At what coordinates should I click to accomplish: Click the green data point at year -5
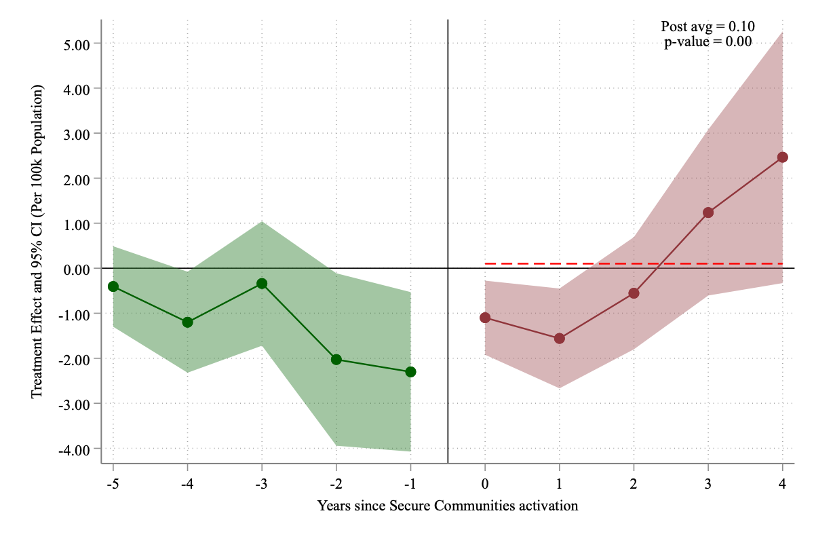pos(113,286)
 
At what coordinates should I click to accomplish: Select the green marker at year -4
pos(187,322)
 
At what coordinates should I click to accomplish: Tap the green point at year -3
pos(262,283)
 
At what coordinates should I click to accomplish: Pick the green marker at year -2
pos(336,359)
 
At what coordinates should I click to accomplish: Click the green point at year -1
pos(410,372)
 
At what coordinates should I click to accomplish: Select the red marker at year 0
pos(485,318)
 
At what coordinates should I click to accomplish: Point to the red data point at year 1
pos(560,338)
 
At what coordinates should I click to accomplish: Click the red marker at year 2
pos(634,293)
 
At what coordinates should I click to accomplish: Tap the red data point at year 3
pos(708,212)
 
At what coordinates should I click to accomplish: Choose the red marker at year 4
pos(782,157)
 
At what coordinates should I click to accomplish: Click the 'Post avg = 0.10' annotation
pos(708,26)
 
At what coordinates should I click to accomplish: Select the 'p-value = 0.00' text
pos(708,41)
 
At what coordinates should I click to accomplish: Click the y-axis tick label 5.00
pos(76,44)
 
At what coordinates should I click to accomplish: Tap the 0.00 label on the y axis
pos(76,269)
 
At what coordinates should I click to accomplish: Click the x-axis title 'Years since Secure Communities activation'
pos(448,506)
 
